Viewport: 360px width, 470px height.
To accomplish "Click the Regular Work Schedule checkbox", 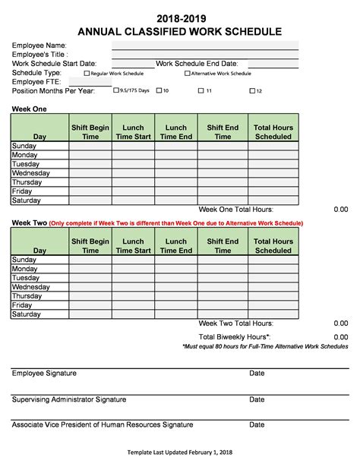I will (x=87, y=74).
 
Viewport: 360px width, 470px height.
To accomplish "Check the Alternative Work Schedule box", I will (x=188, y=74).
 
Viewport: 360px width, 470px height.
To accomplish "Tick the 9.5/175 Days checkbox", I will (x=115, y=90).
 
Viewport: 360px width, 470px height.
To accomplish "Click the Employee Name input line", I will (x=205, y=46).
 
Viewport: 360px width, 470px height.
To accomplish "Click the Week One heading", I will (x=29, y=109).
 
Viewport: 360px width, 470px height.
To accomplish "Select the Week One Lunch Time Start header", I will (x=133, y=132).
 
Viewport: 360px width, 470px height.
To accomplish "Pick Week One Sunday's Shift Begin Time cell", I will (x=90, y=146).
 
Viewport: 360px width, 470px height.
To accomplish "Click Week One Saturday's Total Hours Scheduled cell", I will (x=273, y=200).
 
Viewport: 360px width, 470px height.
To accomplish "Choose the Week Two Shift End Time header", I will (x=223, y=246).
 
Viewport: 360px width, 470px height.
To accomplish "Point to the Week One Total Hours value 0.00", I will (x=341, y=210).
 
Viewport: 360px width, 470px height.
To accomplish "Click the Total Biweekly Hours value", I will (x=341, y=336).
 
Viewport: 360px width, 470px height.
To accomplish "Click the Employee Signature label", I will (x=44, y=374).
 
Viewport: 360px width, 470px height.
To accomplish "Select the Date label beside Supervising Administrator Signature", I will (x=257, y=399).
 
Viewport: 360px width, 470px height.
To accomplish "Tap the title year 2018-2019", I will (x=180, y=18).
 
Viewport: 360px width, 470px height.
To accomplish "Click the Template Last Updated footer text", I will (x=179, y=453).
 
